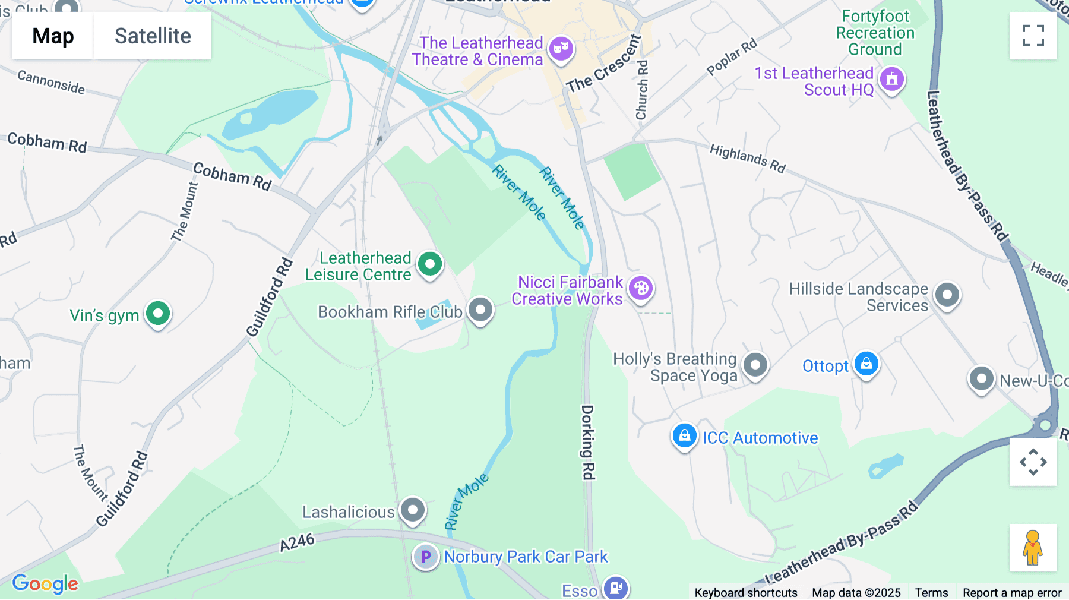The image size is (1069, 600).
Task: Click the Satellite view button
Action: click(x=153, y=36)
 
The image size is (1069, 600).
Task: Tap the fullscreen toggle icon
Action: click(x=1033, y=36)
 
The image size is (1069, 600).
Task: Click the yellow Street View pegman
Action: click(x=1033, y=548)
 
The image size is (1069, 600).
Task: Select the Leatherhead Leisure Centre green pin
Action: click(x=430, y=264)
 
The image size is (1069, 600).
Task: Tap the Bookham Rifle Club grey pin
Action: click(x=480, y=310)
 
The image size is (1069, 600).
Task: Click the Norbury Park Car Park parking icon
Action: click(x=425, y=557)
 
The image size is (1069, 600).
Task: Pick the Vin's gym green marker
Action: click(x=158, y=313)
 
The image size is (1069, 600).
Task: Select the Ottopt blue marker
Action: click(x=866, y=364)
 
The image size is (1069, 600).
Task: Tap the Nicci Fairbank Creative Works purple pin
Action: click(x=641, y=289)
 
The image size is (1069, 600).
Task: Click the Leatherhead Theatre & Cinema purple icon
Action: click(x=561, y=48)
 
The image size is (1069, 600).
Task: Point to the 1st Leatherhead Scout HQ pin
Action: click(x=891, y=79)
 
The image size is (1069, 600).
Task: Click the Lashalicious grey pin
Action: click(x=413, y=510)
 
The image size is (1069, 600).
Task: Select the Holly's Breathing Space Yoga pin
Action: click(x=755, y=365)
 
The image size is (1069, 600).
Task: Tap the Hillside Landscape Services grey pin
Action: click(x=947, y=295)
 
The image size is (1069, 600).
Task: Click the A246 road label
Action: click(x=297, y=542)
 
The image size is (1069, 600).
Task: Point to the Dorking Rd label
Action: click(x=587, y=442)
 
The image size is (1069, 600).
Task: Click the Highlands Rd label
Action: click(x=748, y=158)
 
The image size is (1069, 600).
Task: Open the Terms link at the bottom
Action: click(x=931, y=592)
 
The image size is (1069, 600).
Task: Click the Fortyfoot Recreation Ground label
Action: click(x=875, y=33)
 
